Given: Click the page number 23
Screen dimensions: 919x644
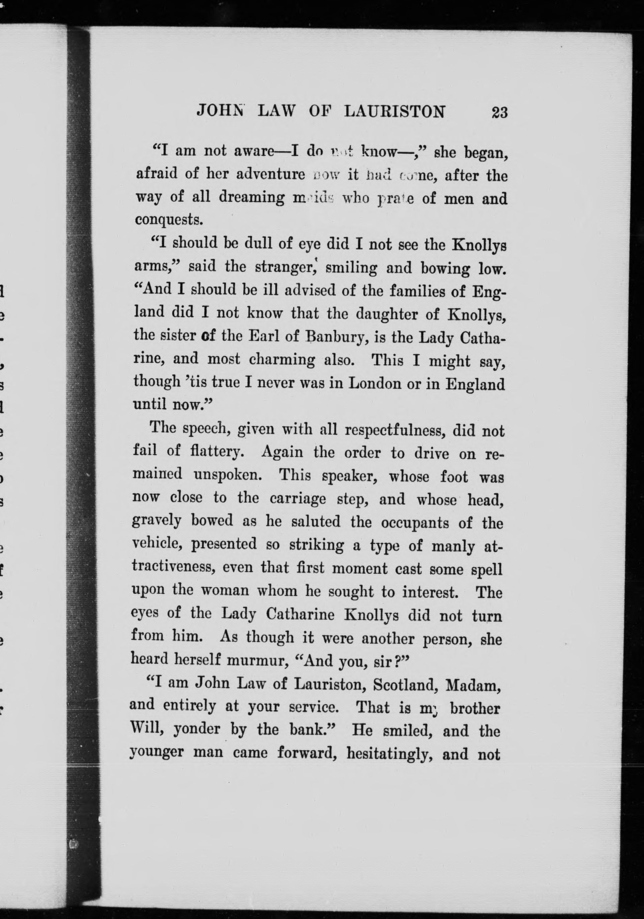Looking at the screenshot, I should click(x=499, y=112).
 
